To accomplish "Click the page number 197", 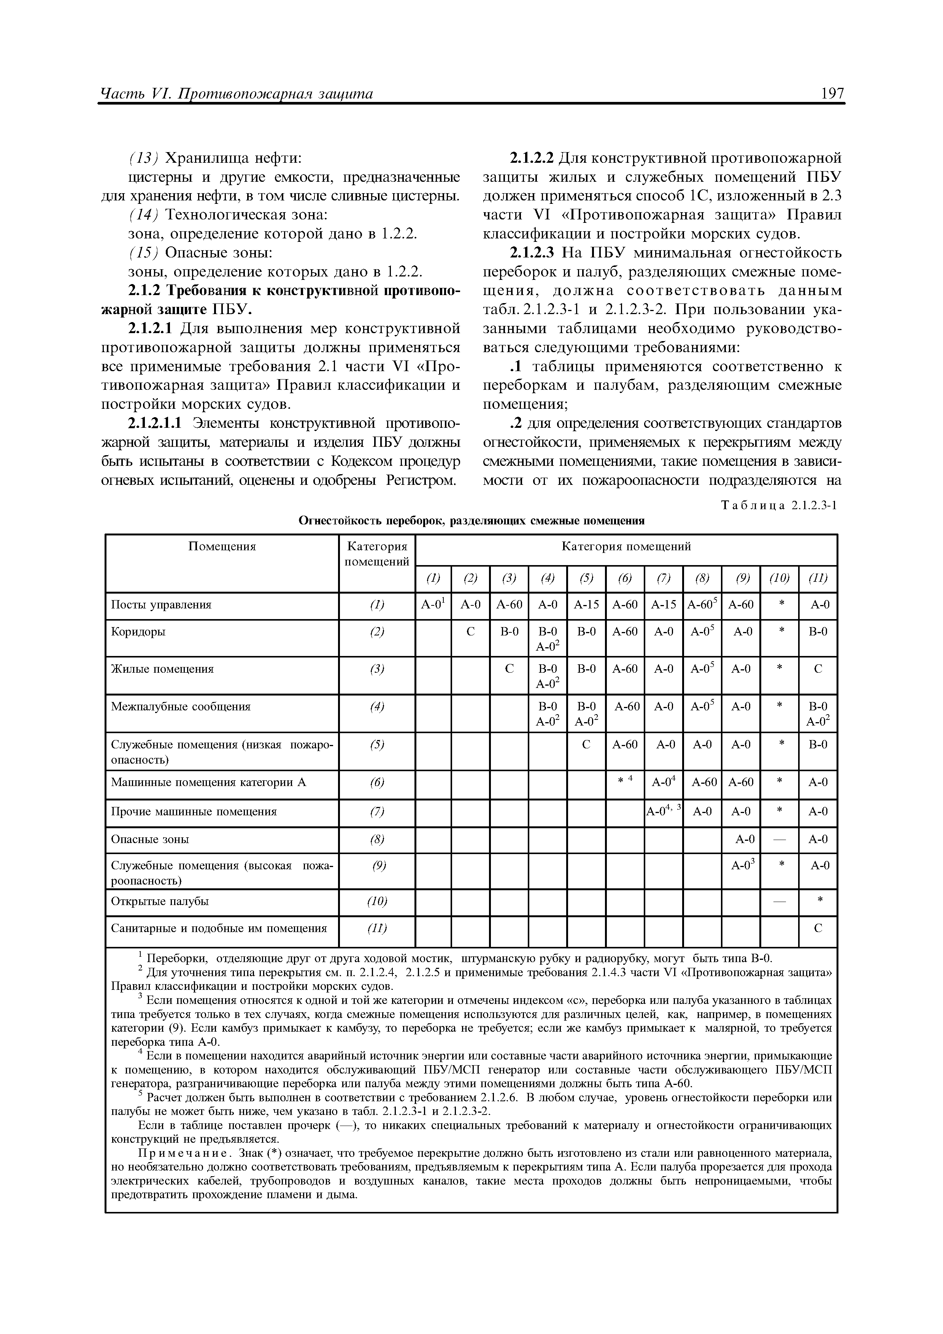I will coord(833,94).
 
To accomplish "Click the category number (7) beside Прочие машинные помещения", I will coord(377,812).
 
